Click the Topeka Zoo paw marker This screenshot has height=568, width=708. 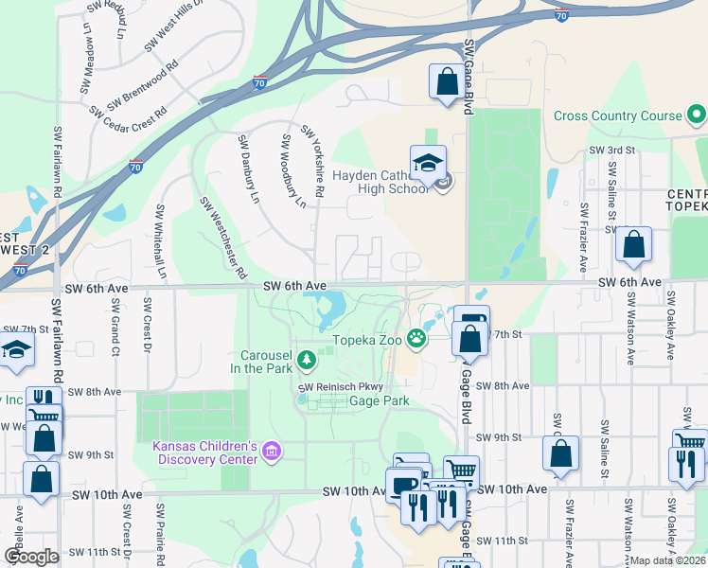(416, 338)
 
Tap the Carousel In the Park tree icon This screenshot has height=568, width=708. (306, 359)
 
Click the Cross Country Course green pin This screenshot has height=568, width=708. (697, 115)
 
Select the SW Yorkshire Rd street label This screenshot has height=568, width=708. (313, 161)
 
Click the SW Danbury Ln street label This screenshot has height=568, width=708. (249, 170)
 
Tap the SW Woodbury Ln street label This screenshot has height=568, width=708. (293, 170)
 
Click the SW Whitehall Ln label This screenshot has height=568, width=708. (161, 241)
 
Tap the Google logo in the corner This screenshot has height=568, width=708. (32, 557)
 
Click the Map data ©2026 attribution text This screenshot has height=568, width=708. (667, 560)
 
